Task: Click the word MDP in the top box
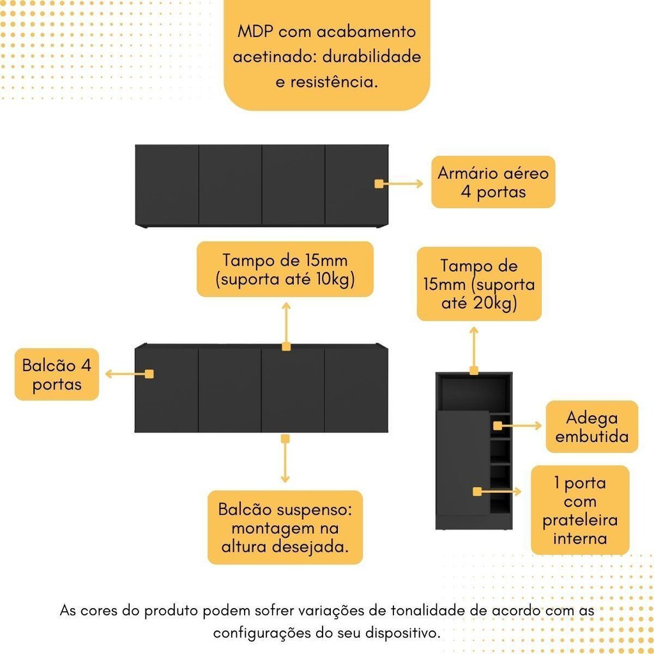point(254,32)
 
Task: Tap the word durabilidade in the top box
point(371,57)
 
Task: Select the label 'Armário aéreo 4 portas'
point(493,182)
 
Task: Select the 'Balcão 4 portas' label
point(57,374)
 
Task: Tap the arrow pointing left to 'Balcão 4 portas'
point(125,374)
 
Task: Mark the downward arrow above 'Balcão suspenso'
point(285,461)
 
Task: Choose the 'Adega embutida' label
point(592,427)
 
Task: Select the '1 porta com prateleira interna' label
point(580,510)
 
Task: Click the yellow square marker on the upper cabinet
point(379,184)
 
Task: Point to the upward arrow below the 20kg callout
point(474,348)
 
